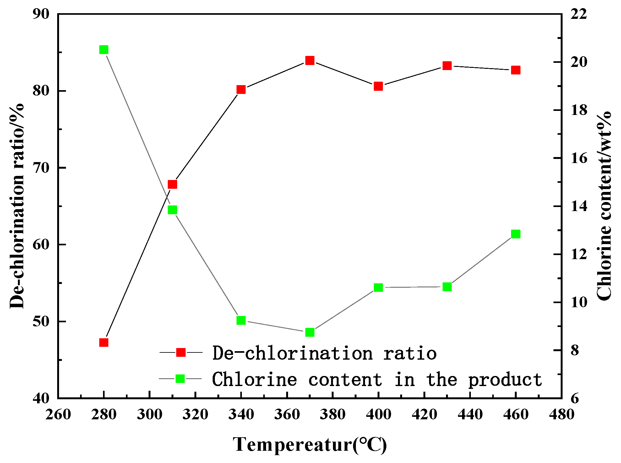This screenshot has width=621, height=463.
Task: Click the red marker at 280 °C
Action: [x=104, y=342]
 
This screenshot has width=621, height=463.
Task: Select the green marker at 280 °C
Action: [x=104, y=50]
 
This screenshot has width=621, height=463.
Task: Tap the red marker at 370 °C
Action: [x=310, y=60]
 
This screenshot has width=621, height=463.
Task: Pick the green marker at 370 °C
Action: [x=310, y=332]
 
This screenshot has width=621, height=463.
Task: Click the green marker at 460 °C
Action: [x=516, y=234]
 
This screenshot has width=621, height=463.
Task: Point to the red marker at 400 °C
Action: [x=379, y=86]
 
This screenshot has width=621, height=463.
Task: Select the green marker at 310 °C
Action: [x=172, y=210]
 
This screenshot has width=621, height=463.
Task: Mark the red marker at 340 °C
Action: [x=241, y=90]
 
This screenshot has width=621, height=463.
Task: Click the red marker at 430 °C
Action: [x=447, y=66]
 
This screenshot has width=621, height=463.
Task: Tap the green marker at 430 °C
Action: [x=447, y=287]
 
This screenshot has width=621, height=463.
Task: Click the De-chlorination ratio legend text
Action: [x=324, y=353]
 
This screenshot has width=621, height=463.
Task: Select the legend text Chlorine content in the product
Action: [x=377, y=379]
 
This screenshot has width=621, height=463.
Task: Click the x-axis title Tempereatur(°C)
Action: [x=310, y=444]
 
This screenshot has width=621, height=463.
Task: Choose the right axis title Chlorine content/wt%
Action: [x=604, y=206]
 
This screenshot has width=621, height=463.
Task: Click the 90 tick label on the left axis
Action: [x=41, y=14]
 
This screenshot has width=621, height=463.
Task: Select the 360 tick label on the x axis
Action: [x=287, y=414]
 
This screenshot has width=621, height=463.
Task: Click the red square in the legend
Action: [x=181, y=352]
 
